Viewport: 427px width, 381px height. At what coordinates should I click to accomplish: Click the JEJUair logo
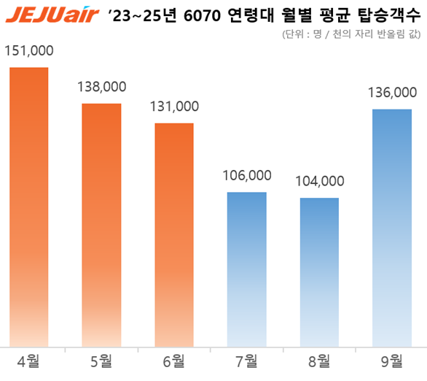point(50,14)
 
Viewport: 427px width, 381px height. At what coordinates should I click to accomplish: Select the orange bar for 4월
point(28,207)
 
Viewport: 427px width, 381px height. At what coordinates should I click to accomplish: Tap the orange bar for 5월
point(101,226)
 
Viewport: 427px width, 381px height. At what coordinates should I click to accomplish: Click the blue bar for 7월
point(247,269)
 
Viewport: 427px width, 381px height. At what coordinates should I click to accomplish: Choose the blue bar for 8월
point(320,272)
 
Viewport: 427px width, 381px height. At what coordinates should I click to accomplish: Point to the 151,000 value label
point(28,51)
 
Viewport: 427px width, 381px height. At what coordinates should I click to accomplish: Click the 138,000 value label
point(101,87)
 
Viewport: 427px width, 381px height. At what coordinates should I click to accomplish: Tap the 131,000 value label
point(174,107)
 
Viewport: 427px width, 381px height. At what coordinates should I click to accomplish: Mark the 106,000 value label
point(247,176)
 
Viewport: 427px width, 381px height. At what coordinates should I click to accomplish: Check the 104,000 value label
point(320,182)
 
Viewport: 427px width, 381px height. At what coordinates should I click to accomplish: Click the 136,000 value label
point(393,93)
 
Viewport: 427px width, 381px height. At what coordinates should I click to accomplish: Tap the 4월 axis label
point(28,361)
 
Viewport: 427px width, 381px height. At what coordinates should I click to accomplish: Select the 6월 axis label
point(174,361)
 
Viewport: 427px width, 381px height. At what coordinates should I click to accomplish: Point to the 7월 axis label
point(247,361)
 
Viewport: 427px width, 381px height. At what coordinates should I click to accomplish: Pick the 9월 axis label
point(393,361)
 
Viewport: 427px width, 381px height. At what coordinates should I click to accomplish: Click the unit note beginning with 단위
point(350,34)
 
